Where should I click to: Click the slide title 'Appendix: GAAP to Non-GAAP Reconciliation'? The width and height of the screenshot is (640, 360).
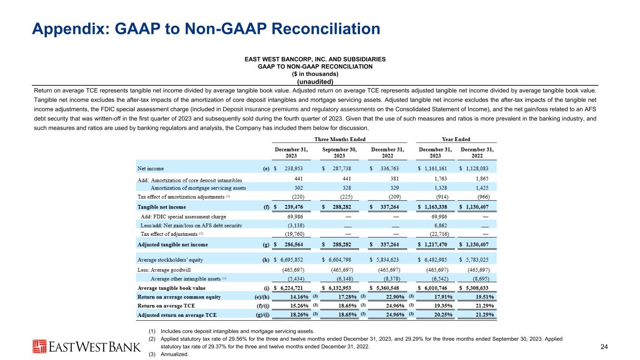(206, 29)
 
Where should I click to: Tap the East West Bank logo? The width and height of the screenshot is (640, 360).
(87, 346)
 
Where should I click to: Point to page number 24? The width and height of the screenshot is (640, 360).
(604, 347)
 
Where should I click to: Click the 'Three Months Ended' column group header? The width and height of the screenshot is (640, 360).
(340, 139)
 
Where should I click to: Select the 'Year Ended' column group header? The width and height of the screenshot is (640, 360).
(456, 139)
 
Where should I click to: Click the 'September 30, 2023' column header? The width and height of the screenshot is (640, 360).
(339, 153)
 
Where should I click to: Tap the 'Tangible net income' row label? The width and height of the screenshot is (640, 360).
(161, 207)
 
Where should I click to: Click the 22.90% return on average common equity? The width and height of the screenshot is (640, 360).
(393, 297)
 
